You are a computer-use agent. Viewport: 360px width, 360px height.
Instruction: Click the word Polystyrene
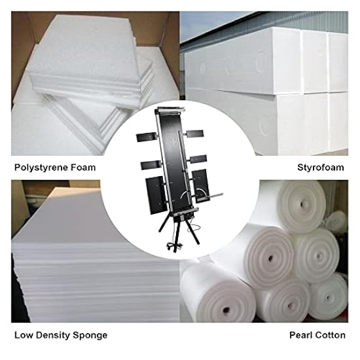tap(41, 168)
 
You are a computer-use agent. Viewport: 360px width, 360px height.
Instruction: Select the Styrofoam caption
tap(321, 168)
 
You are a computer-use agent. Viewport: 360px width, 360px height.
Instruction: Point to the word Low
tap(24, 335)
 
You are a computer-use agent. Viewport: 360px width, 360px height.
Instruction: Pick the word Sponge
tap(90, 336)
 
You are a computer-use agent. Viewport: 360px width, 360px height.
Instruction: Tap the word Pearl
tap(302, 335)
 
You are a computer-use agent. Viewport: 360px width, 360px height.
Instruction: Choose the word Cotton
tap(331, 335)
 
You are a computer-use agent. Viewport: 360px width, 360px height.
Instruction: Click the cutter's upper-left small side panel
tap(147, 137)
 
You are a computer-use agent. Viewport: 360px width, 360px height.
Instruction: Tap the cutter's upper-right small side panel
tap(195, 134)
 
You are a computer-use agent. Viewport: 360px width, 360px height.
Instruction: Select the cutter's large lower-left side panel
tap(155, 195)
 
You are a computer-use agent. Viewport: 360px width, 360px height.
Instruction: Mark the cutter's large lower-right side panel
tap(201, 185)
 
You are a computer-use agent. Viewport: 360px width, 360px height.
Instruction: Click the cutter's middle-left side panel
tap(151, 165)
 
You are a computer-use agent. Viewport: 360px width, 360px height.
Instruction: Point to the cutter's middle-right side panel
tap(198, 159)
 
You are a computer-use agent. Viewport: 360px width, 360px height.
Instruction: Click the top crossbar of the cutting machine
tap(170, 111)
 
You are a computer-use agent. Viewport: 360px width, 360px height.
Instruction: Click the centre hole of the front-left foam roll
tap(226, 310)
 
